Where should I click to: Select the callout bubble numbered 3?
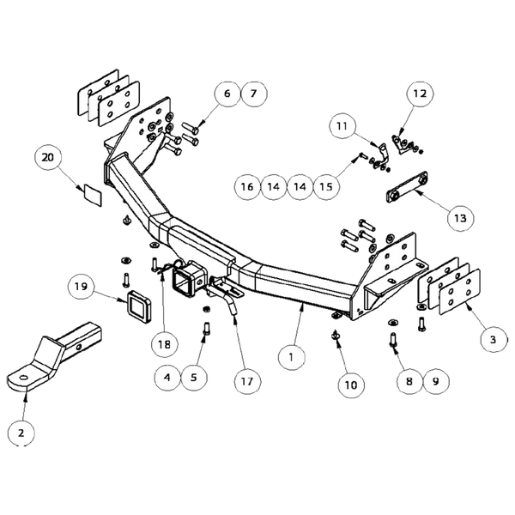492,340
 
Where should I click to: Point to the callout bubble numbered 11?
344,126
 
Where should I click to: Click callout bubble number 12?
418,92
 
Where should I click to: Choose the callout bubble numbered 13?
461,218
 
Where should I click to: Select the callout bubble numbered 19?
81,286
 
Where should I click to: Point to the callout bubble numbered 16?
247,185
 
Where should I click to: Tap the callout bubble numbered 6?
227,92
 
